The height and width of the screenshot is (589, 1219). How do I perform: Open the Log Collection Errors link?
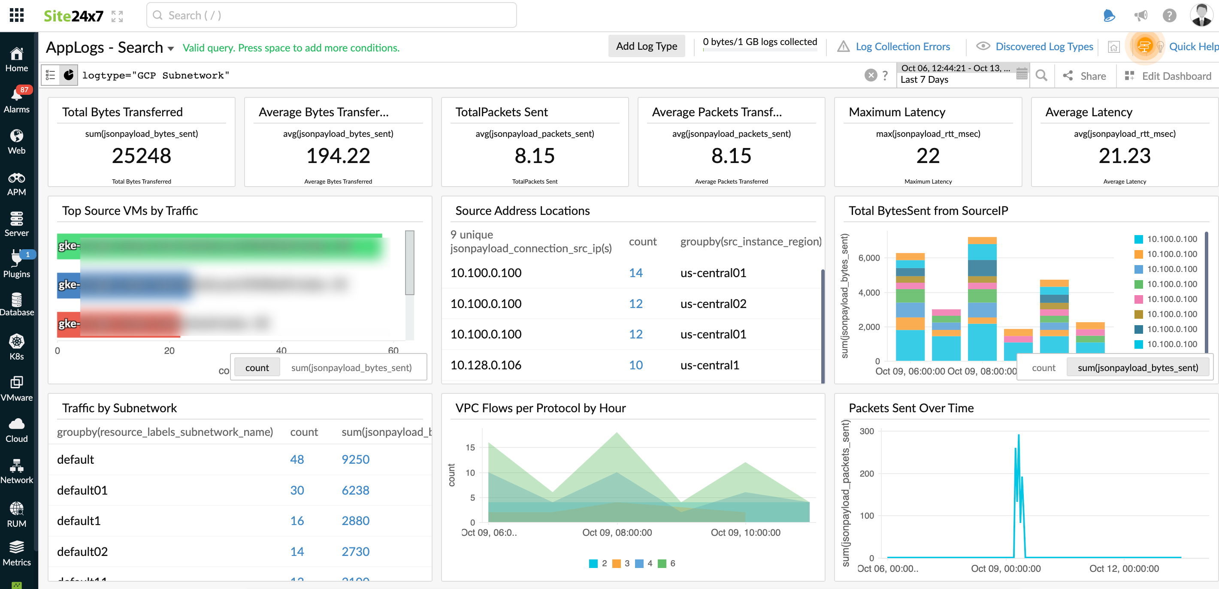coord(902,46)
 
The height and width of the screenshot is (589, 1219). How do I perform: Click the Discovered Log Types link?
coord(1044,46)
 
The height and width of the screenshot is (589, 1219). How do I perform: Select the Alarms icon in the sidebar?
coord(17,100)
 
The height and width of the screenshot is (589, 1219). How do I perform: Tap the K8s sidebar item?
coord(17,347)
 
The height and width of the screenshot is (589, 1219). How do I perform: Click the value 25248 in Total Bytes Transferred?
coord(141,156)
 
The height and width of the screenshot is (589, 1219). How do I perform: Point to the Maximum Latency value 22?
coord(928,156)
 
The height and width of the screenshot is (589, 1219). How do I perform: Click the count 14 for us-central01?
coord(635,273)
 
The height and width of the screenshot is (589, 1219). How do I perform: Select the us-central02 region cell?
coord(713,304)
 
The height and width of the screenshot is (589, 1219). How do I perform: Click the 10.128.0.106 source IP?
coord(486,365)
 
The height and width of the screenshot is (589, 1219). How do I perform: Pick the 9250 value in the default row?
coord(355,459)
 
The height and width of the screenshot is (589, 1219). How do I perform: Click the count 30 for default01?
coord(297,490)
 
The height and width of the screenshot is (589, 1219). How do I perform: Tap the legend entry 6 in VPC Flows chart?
coord(667,563)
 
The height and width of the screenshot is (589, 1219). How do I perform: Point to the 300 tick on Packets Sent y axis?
coord(866,432)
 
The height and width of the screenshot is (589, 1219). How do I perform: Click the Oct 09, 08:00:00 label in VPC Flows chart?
coord(617,533)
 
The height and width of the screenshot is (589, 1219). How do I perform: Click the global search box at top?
coord(331,15)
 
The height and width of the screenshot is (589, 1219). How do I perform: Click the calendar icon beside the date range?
coord(1022,74)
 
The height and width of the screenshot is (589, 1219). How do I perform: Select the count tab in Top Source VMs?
coord(257,368)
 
